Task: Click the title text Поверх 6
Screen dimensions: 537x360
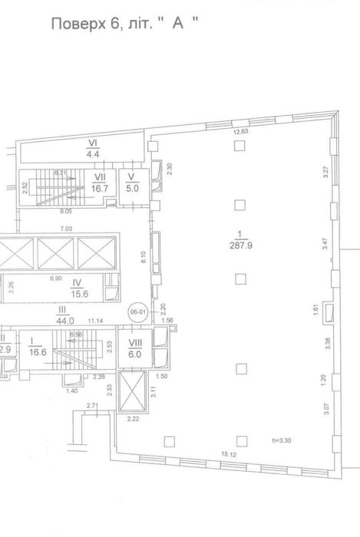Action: tap(83, 24)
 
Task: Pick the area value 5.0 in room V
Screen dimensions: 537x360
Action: tap(131, 186)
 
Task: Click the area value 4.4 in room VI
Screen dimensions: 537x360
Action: tap(94, 153)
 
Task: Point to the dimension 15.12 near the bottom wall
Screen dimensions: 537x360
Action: tap(230, 454)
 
